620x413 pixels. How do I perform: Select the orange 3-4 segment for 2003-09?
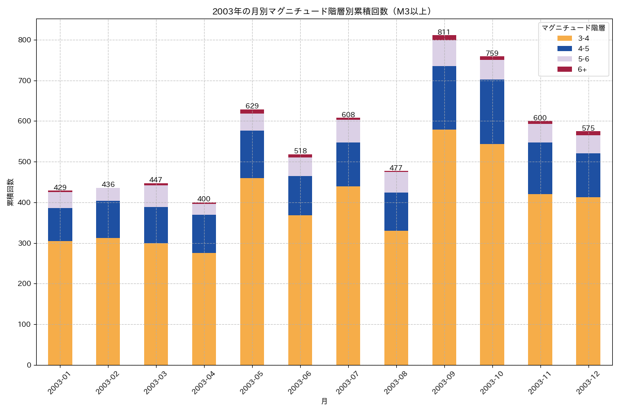click(x=444, y=247)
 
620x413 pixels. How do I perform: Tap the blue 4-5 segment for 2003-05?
click(x=252, y=154)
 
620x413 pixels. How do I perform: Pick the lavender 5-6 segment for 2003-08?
click(x=396, y=182)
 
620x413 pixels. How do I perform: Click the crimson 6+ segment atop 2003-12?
click(x=588, y=133)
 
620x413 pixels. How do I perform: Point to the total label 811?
click(x=444, y=32)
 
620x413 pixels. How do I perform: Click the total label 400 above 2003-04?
click(x=204, y=199)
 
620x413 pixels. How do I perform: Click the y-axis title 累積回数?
click(x=10, y=192)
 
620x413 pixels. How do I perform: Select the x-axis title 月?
click(x=324, y=401)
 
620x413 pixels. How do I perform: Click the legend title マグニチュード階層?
click(x=573, y=27)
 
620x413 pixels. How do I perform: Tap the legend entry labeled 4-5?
click(x=583, y=49)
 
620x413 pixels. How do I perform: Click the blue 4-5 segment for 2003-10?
click(x=492, y=112)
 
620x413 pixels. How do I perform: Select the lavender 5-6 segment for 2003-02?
click(x=108, y=194)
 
